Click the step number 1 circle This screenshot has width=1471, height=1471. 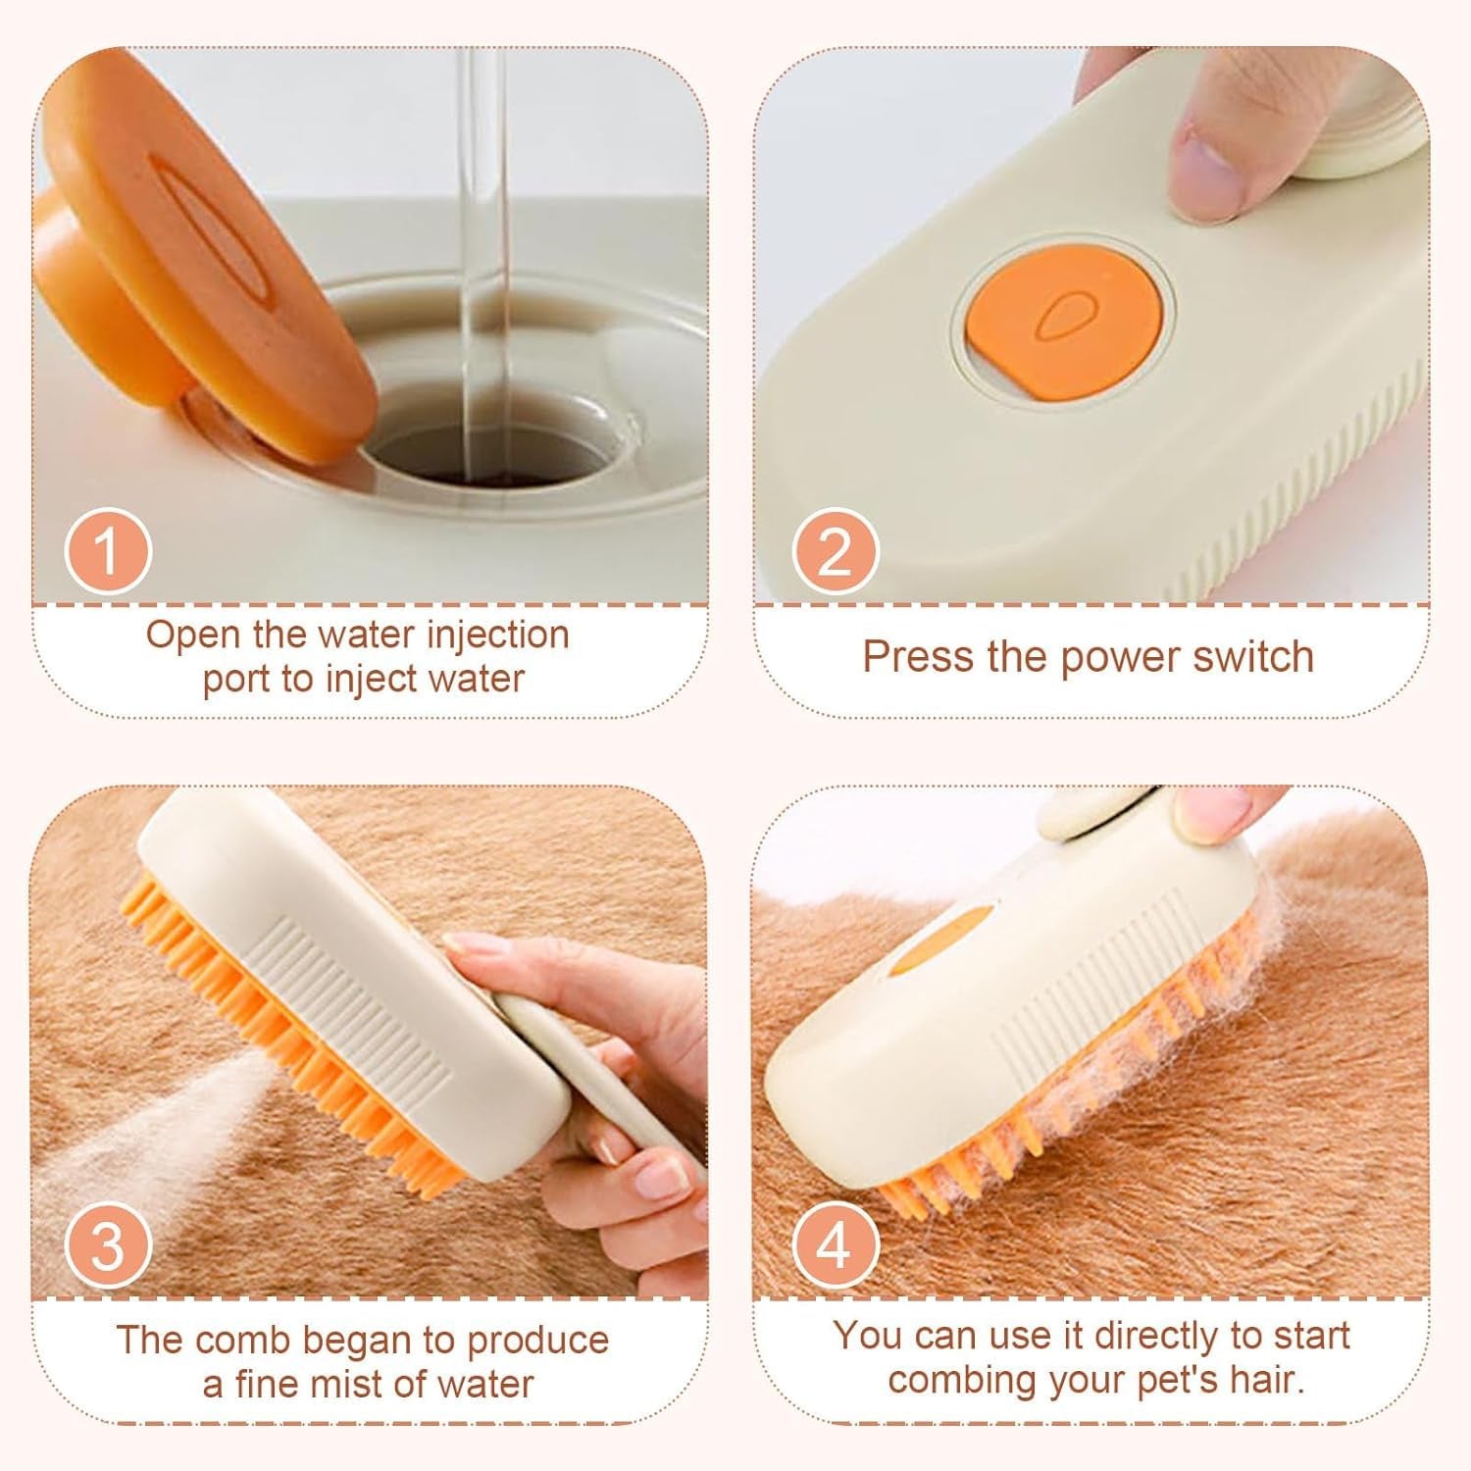tap(108, 551)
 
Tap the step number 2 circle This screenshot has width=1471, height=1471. tap(834, 551)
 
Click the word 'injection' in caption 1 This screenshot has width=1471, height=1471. tap(499, 635)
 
